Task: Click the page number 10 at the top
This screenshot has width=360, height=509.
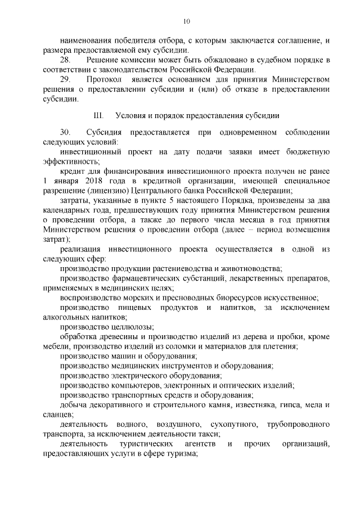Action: pos(187,21)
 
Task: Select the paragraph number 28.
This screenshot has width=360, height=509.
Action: pos(65,60)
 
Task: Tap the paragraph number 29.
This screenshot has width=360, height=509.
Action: pos(65,80)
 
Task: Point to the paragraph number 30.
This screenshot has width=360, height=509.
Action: pos(65,132)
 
